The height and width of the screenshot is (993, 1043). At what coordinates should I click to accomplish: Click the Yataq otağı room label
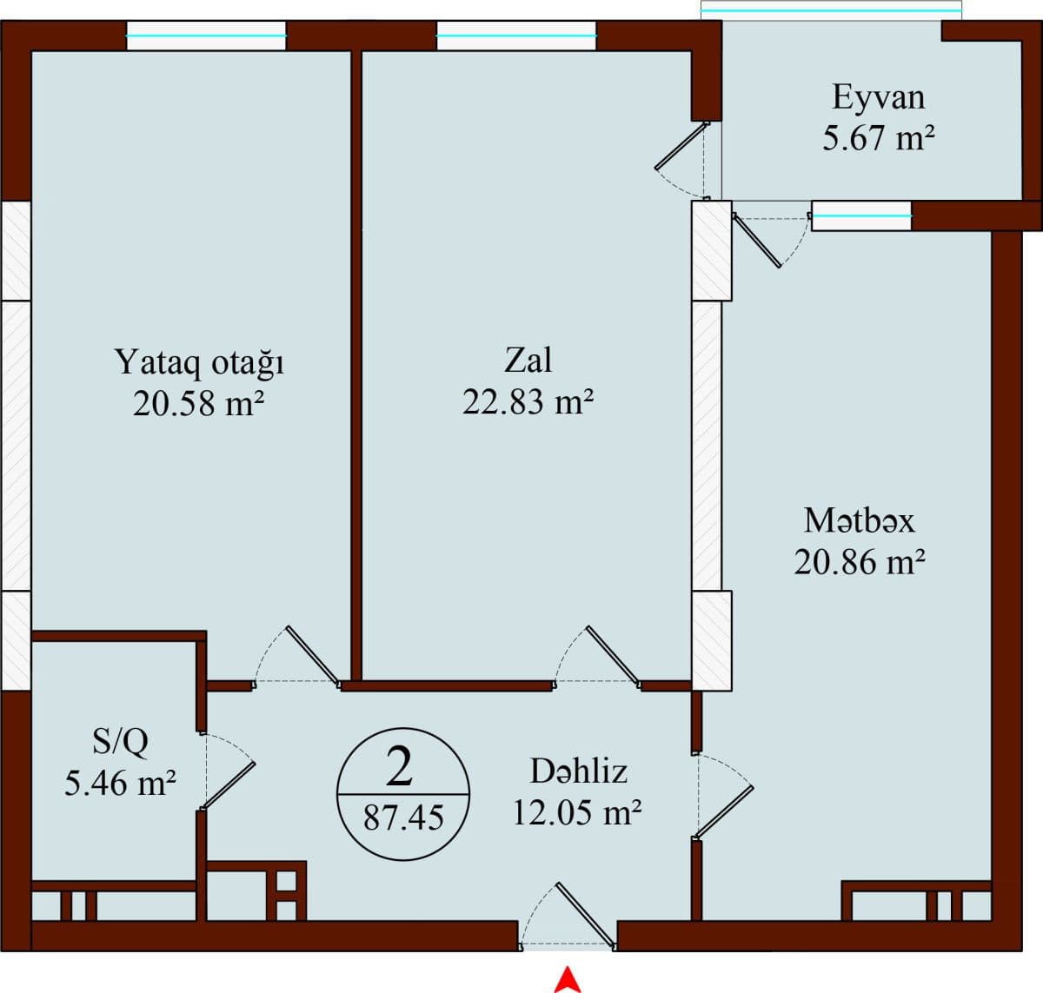pos(199,362)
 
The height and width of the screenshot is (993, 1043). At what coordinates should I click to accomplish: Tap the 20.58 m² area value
pos(199,403)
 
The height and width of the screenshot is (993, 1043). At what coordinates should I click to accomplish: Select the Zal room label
pos(528,360)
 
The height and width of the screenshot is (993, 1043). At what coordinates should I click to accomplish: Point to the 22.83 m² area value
pos(528,401)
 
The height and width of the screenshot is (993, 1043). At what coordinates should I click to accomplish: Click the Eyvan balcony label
pos(878,96)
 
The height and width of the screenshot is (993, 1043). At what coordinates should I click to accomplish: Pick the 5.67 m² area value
pos(878,138)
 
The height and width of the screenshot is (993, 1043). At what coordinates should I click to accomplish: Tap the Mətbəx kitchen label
pos(859,520)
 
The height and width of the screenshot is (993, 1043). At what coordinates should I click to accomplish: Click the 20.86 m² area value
pos(859,562)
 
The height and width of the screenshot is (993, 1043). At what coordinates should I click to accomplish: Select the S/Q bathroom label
pos(121,741)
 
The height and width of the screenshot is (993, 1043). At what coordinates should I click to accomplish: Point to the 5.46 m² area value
pos(121,783)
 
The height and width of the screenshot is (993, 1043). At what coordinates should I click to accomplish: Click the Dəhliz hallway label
pos(578,771)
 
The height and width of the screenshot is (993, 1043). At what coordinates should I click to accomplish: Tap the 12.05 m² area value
pos(577,812)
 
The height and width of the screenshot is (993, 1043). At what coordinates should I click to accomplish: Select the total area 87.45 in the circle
pos(403,818)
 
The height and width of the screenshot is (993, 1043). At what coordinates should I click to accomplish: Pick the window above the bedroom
pos(206,36)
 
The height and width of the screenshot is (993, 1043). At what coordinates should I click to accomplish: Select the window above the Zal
pos(516,36)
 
